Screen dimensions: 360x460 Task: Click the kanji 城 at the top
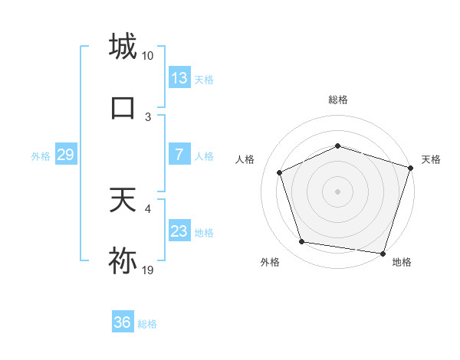pyautogui.click(x=123, y=47)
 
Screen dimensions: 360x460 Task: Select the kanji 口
pyautogui.click(x=123, y=107)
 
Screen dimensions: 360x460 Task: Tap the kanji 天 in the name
pyautogui.click(x=123, y=201)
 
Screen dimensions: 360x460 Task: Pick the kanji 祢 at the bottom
pyautogui.click(x=123, y=260)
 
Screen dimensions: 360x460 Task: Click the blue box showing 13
pyautogui.click(x=179, y=78)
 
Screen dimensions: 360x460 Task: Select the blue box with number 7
pyautogui.click(x=179, y=155)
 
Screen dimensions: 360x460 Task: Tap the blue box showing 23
pyautogui.click(x=179, y=231)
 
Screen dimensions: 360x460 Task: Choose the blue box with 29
pyautogui.click(x=65, y=155)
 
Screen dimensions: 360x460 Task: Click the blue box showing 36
pyautogui.click(x=123, y=322)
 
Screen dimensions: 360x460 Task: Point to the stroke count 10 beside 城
pyautogui.click(x=148, y=56)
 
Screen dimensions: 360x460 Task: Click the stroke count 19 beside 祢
pyautogui.click(x=148, y=270)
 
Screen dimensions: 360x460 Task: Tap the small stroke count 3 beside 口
pyautogui.click(x=148, y=116)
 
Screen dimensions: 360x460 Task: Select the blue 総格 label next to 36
pyautogui.click(x=148, y=324)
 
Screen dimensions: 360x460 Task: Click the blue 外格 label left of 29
pyautogui.click(x=41, y=155)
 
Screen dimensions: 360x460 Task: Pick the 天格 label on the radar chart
pyautogui.click(x=431, y=159)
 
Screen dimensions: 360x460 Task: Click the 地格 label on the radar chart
pyautogui.click(x=402, y=262)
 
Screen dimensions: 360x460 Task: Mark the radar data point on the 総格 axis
pyautogui.click(x=338, y=145)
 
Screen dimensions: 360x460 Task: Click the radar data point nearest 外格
pyautogui.click(x=302, y=242)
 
